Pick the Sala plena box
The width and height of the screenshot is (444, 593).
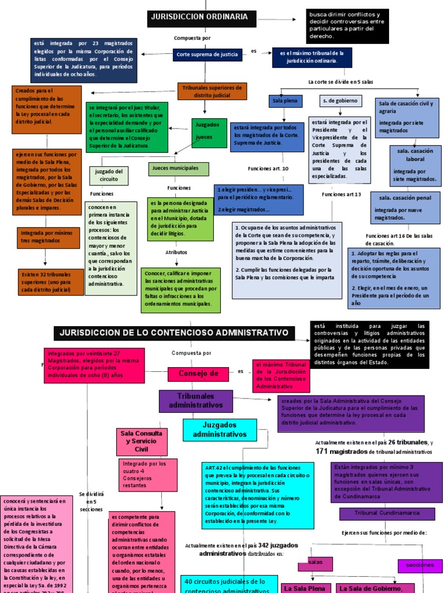pos(284,101)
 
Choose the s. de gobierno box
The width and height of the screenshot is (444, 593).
pos(341,101)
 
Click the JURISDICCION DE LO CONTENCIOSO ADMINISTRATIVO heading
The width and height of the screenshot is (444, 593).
pos(174,333)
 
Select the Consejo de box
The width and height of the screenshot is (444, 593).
pos(198,374)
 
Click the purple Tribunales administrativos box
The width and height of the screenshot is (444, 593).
pos(195,401)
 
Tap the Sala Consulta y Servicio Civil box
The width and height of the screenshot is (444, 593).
pos(141,441)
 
